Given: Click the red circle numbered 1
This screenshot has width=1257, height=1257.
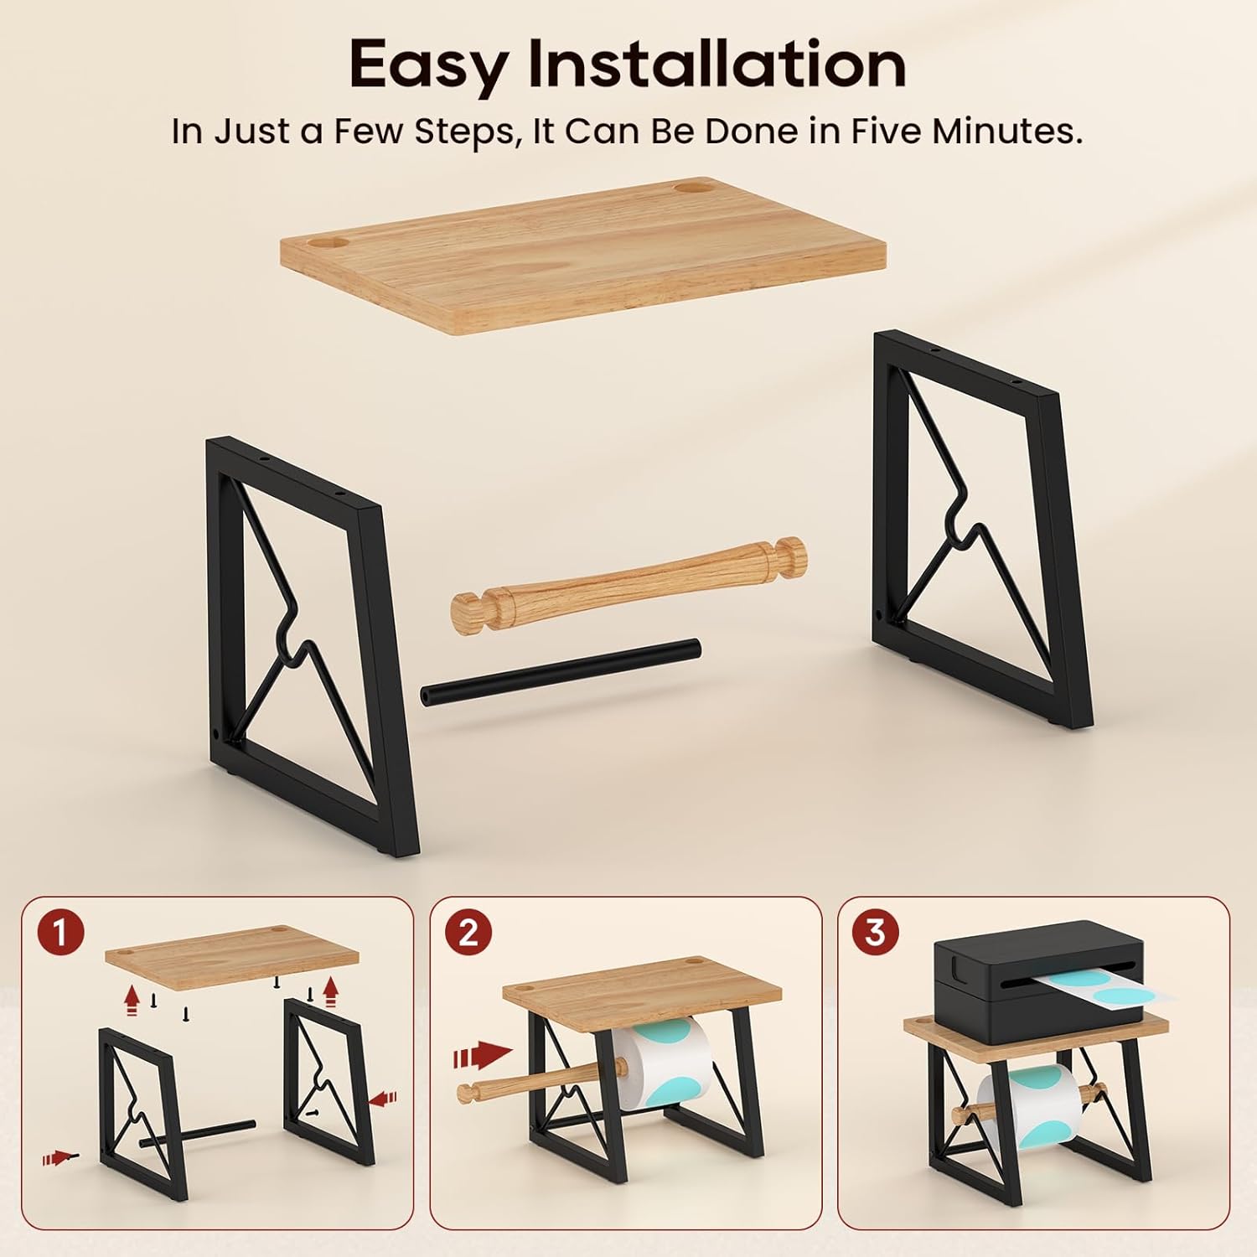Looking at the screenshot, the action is tap(59, 933).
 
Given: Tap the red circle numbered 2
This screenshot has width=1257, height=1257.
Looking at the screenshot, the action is tap(468, 933).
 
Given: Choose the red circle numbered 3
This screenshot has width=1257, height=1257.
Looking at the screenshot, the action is tap(876, 933).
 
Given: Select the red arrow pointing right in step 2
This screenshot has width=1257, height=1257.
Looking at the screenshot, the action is tap(483, 1056).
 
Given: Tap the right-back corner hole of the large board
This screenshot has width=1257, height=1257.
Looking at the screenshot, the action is tap(691, 185).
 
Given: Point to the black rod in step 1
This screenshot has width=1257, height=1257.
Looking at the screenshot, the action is tap(199, 1131).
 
